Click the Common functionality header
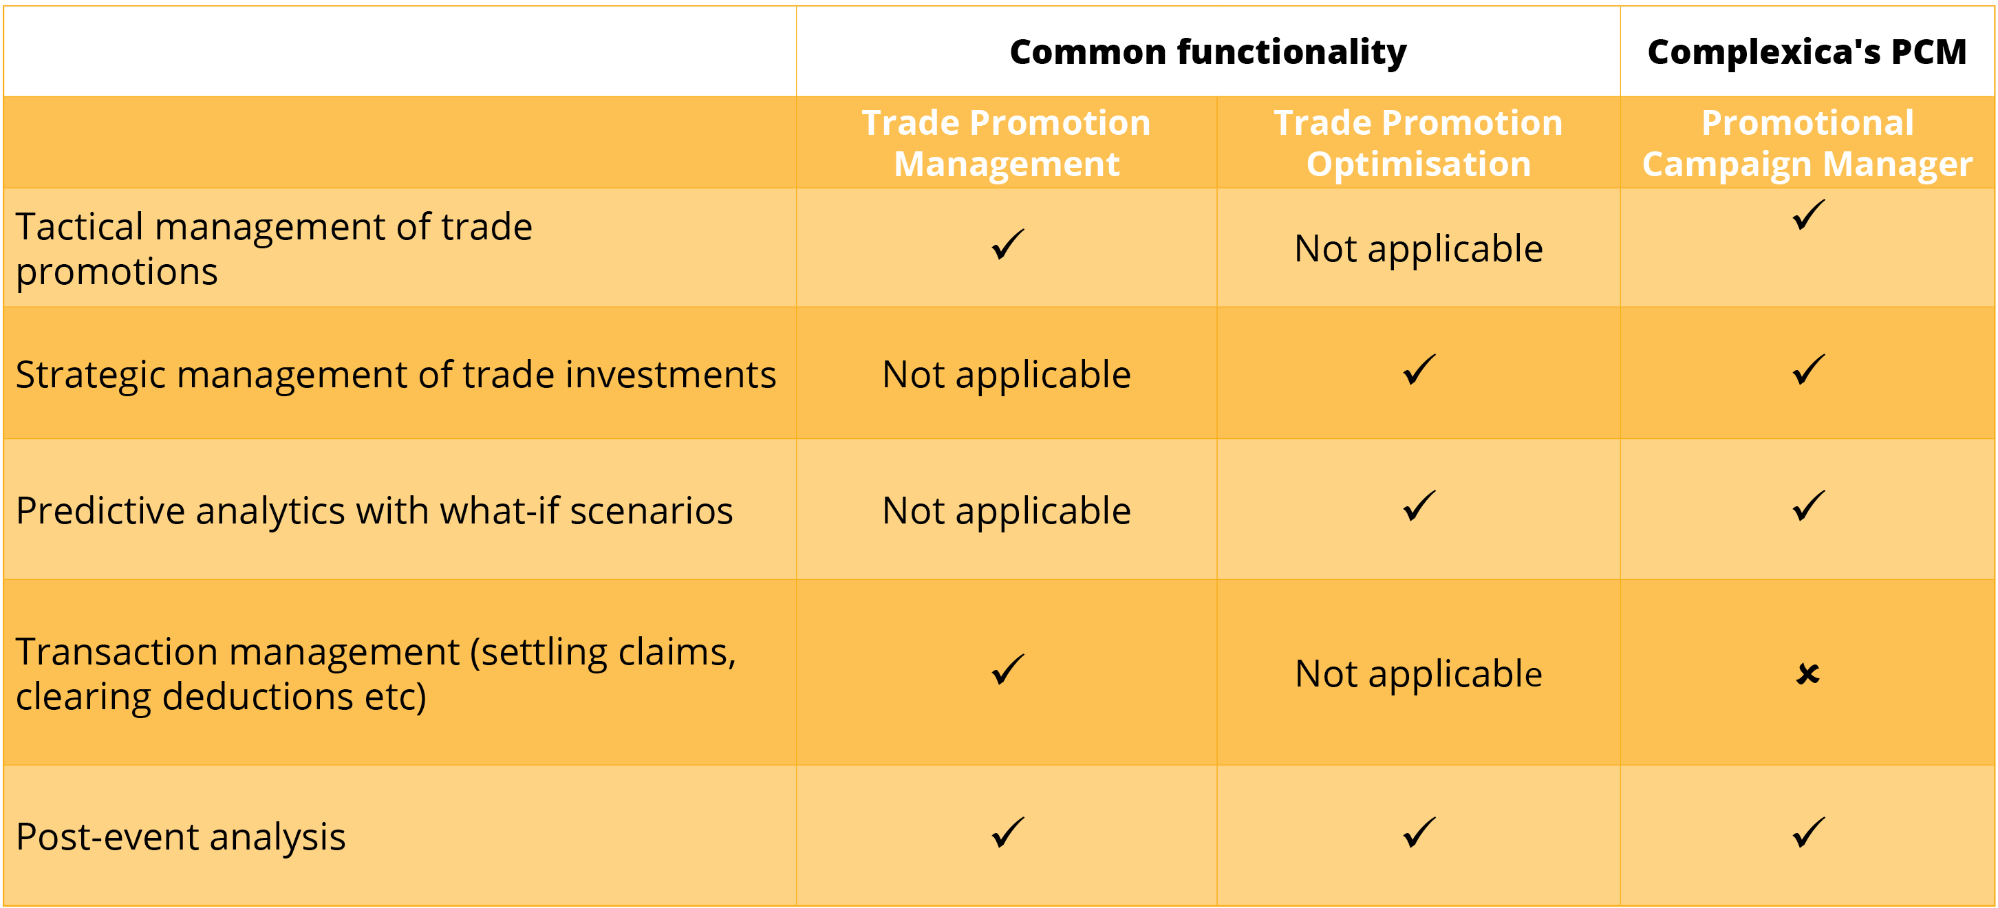[x=1207, y=53]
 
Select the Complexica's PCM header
[x=1807, y=52]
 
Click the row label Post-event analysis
[x=181, y=836]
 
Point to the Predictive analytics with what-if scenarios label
[x=374, y=511]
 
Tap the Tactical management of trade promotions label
[x=274, y=249]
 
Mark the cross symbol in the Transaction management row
[x=1807, y=674]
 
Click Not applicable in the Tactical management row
[x=1419, y=250]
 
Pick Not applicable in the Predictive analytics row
[x=1007, y=511]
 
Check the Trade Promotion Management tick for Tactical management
[x=1007, y=245]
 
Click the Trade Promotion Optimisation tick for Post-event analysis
[x=1419, y=833]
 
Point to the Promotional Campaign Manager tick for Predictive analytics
[x=1808, y=506]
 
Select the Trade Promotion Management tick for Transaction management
[x=1007, y=670]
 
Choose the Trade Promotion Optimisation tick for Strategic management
[x=1419, y=371]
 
